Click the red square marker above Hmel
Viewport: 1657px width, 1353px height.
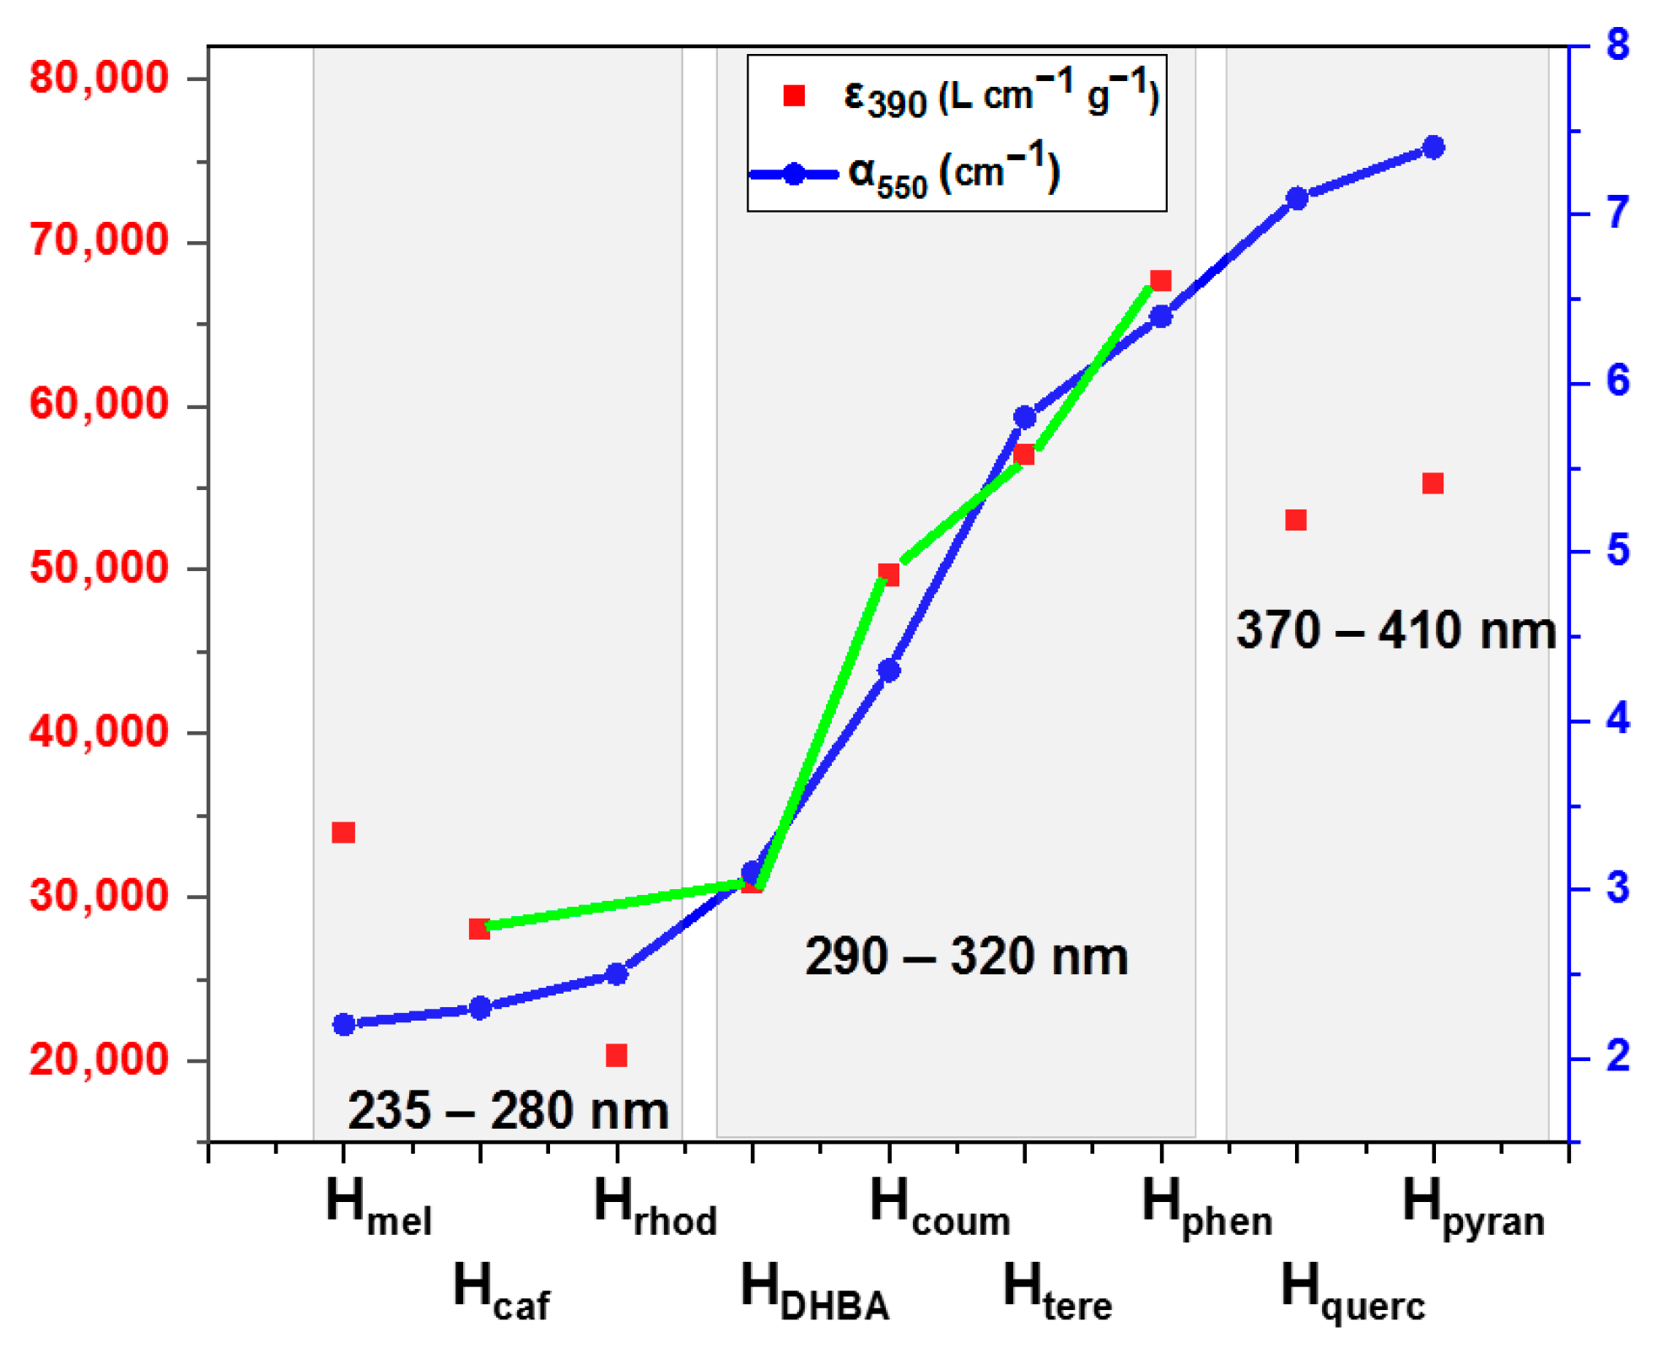(x=343, y=833)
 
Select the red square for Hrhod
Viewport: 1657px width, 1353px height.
(x=617, y=1055)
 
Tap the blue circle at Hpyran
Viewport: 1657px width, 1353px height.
(x=1433, y=148)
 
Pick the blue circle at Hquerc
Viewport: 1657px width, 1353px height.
(x=1297, y=199)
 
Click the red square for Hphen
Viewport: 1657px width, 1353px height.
(x=1161, y=281)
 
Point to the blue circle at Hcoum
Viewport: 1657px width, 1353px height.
(x=889, y=671)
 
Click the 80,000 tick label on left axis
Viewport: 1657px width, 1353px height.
(x=99, y=78)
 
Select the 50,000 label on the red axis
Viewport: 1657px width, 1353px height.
(x=99, y=568)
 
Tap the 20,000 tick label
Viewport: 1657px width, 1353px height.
(x=99, y=1059)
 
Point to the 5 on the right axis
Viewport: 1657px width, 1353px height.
(x=1617, y=551)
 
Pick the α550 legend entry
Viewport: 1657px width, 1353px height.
(x=953, y=175)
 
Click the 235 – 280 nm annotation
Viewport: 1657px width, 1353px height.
(x=508, y=1111)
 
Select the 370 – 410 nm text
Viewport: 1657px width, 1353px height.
(x=1395, y=631)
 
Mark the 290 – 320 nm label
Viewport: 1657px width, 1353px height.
(x=966, y=957)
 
